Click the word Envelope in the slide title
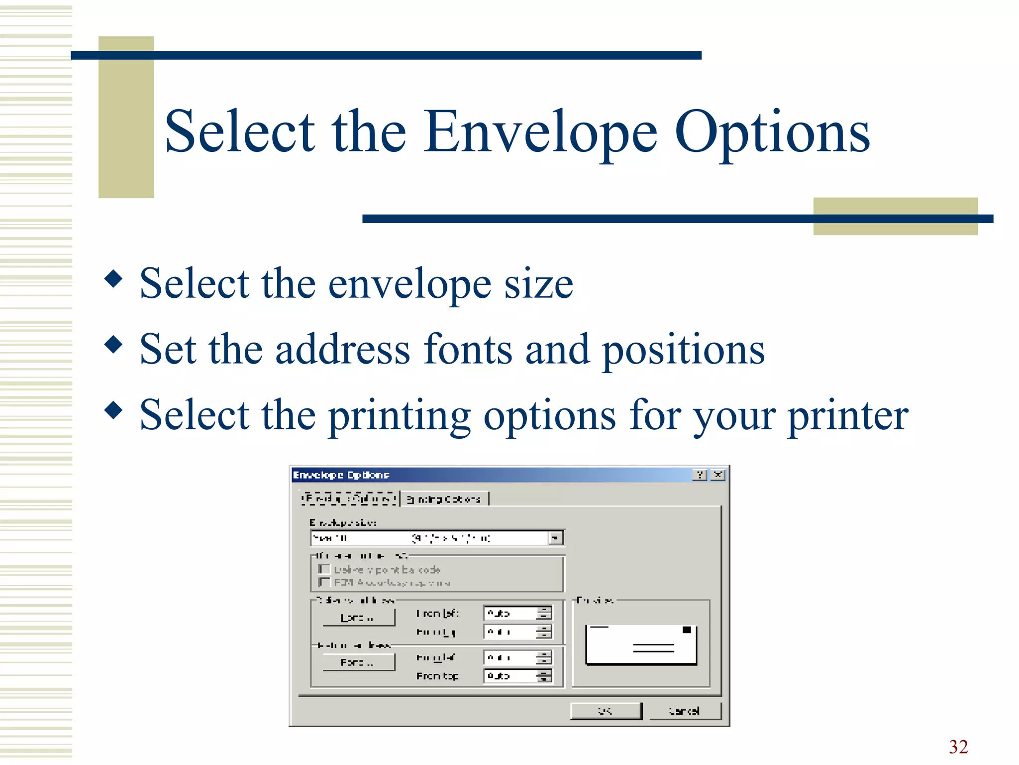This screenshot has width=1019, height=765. pos(541,132)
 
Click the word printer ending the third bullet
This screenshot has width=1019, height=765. pos(848,416)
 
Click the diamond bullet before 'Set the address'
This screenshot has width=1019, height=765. pos(114,344)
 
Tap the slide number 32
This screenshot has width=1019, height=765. pos(958,747)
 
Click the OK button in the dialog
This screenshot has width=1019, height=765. pos(606,711)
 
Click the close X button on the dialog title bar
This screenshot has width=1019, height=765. pos(717,475)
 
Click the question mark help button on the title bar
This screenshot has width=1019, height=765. pos(700,475)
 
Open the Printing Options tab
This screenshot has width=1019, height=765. pos(444,499)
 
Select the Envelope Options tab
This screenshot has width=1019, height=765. pos(349,498)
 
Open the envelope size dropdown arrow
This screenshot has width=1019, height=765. pos(555,538)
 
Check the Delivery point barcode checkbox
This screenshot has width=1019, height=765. pos(324,569)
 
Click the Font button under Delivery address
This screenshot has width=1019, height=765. pos(358,618)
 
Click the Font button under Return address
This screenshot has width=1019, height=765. pos(358,662)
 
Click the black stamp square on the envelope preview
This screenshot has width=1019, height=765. pos(687,630)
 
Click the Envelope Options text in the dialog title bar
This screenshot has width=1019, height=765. pos(341,475)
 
